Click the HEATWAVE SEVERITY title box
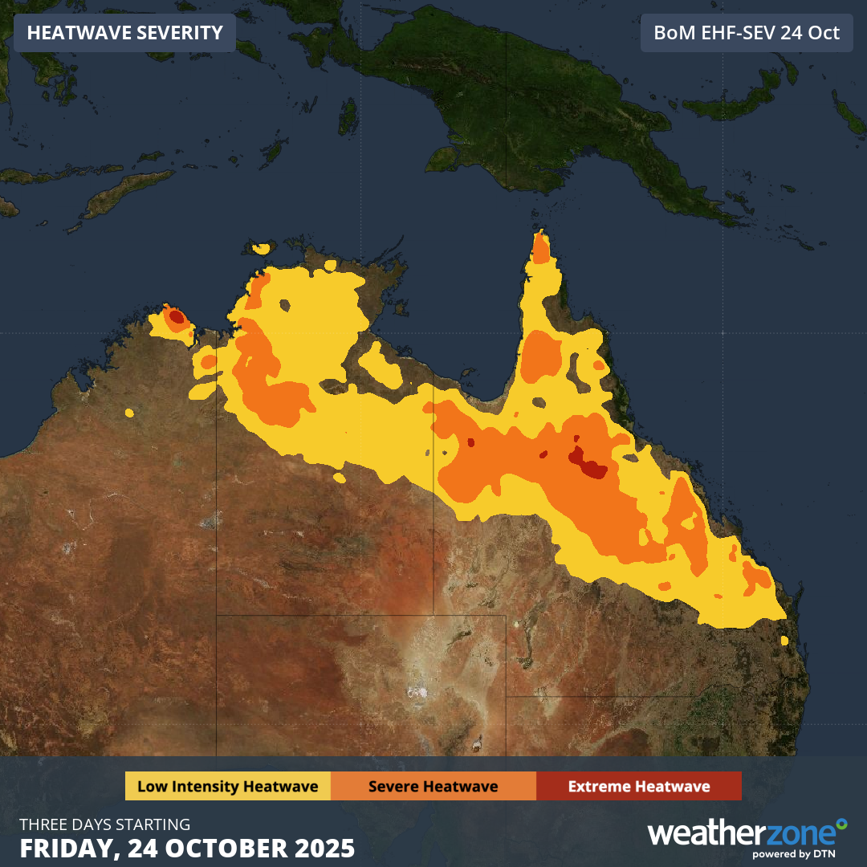click(x=124, y=33)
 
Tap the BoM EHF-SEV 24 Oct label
click(x=747, y=33)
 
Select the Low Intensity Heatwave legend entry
click(x=227, y=786)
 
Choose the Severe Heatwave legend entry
click(x=433, y=786)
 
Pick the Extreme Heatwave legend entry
click(x=638, y=786)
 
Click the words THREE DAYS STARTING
click(x=105, y=824)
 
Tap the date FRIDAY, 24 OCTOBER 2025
click(x=187, y=848)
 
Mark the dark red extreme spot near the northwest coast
click(x=176, y=317)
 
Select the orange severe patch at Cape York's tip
click(x=541, y=250)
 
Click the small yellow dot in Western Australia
click(x=129, y=413)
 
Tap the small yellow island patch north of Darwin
click(x=261, y=249)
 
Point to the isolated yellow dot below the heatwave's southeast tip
click(x=784, y=641)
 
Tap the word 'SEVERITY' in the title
click(x=177, y=33)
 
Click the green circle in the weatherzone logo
click(x=841, y=824)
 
